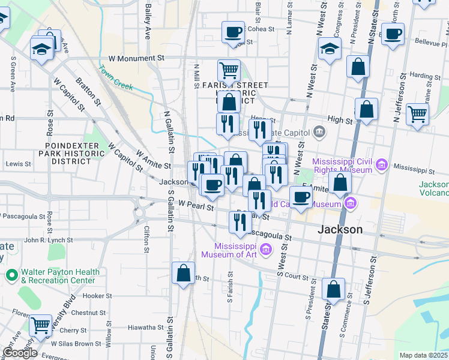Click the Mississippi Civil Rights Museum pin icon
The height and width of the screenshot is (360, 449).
(x=381, y=164)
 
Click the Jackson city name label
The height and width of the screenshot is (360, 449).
(x=340, y=229)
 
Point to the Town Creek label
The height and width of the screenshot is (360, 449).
(x=116, y=82)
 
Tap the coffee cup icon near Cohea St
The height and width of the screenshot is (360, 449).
(x=233, y=32)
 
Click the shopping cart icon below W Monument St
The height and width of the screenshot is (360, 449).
(x=228, y=70)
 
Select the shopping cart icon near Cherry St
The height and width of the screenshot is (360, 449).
(x=40, y=325)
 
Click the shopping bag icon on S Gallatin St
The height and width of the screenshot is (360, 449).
(x=183, y=273)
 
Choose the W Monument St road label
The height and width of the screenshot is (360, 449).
(x=136, y=59)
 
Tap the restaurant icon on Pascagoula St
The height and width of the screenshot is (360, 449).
(x=240, y=222)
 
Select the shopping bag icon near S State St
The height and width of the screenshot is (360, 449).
(x=333, y=289)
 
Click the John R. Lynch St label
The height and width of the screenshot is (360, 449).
(x=48, y=240)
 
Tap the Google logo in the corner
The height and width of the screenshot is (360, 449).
(x=20, y=353)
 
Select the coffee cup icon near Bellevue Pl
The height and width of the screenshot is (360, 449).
(x=393, y=34)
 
